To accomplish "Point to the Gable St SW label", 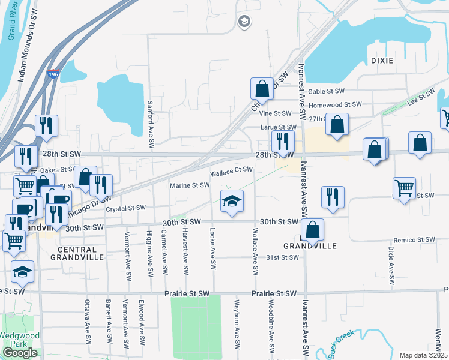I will [327, 91].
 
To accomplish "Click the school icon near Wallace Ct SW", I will [232, 202].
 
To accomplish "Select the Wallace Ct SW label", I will [231, 170].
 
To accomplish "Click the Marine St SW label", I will [189, 185].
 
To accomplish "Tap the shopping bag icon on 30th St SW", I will [313, 229].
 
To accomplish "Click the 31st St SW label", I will [282, 257].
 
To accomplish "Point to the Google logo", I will [20, 353].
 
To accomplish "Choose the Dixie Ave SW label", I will [391, 265].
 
